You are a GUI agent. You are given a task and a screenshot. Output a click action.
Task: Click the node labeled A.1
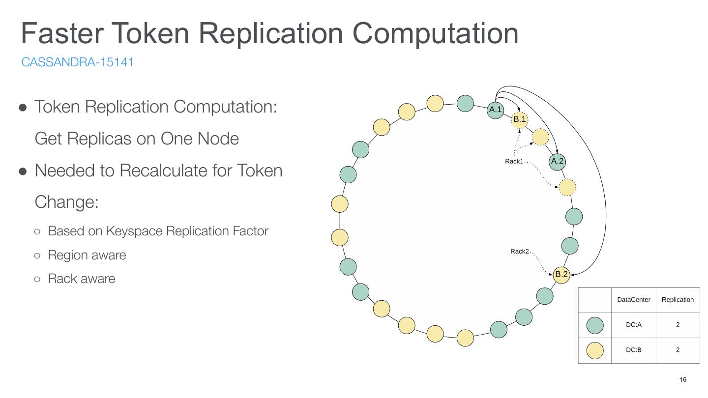point(495,110)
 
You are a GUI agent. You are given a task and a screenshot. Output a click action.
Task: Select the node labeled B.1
point(519,119)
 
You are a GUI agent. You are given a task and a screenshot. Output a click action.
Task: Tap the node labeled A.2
point(557,161)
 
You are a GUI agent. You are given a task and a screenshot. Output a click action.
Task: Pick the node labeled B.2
point(561,274)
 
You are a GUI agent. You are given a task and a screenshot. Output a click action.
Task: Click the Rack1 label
point(514,161)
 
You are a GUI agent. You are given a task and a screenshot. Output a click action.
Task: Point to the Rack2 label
point(519,252)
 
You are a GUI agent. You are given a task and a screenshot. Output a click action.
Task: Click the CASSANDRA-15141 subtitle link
point(77,62)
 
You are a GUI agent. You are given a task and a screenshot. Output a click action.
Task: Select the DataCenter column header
point(633,300)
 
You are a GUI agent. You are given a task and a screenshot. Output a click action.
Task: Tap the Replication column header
point(678,300)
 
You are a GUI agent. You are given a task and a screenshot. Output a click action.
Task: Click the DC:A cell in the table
point(633,325)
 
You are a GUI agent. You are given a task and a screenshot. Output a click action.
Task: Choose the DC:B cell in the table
point(633,350)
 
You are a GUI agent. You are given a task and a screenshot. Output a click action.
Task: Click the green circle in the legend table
point(595,325)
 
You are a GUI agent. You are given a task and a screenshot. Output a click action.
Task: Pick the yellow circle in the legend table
point(595,350)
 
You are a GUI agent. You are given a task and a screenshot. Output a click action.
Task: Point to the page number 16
point(682,380)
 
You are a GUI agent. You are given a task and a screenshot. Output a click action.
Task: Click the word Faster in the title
point(62,33)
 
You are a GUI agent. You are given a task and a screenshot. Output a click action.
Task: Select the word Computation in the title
point(436,33)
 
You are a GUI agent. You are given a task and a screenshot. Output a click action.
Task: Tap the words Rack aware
point(81,279)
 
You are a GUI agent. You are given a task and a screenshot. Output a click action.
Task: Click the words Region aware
point(87,255)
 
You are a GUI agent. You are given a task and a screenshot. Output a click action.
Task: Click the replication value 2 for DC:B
point(678,350)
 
